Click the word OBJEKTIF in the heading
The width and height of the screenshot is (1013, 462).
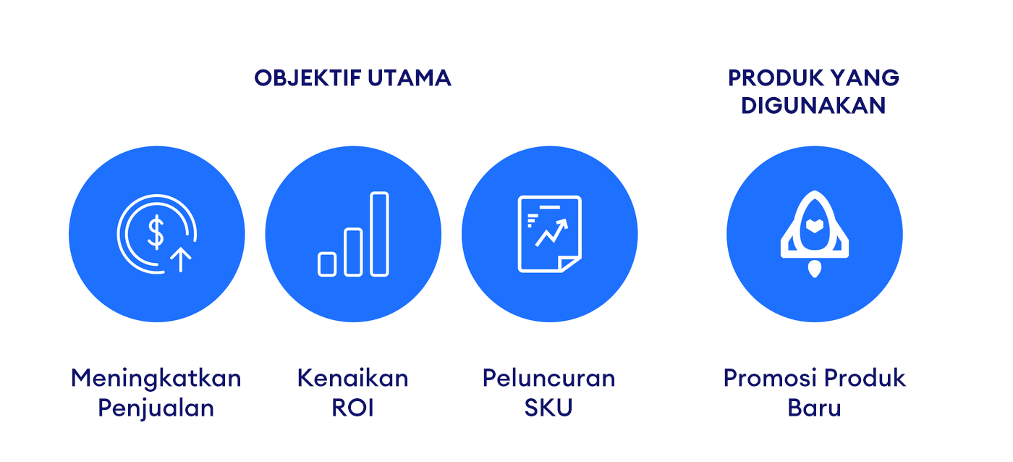click(308, 77)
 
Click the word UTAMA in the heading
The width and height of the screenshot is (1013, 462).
click(410, 77)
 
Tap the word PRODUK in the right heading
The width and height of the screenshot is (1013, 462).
click(776, 77)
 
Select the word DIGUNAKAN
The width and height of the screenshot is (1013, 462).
click(813, 106)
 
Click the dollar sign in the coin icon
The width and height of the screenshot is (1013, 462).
click(156, 232)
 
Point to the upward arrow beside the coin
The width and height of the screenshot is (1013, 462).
click(181, 259)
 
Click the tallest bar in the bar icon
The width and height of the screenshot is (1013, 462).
click(379, 234)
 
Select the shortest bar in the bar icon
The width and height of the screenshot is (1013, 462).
click(327, 264)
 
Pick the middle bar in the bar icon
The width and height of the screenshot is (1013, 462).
click(353, 252)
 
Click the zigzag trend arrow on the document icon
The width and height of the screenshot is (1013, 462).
click(551, 232)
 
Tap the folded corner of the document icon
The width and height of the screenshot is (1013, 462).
click(569, 264)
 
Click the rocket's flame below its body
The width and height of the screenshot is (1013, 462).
click(815, 269)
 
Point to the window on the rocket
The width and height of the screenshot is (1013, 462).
click(815, 225)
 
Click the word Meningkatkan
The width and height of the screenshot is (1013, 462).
click(156, 379)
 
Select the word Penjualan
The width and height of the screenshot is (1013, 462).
click(156, 408)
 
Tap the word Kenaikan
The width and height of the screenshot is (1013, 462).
click(353, 378)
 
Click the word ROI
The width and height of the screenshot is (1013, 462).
click(353, 408)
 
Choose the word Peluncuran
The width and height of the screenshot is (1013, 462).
click(549, 378)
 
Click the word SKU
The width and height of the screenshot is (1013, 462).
click(548, 408)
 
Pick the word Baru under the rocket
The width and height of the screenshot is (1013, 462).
click(814, 408)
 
